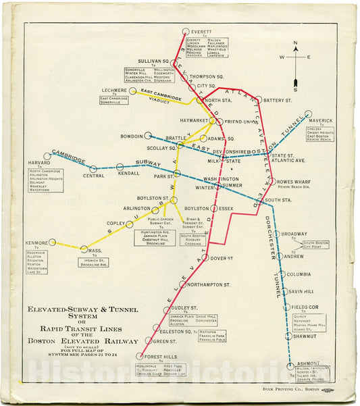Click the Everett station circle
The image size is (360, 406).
click(186, 31)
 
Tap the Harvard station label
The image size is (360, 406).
click(39, 163)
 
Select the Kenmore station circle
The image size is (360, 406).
click(52, 243)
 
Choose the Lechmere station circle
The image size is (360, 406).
click(134, 91)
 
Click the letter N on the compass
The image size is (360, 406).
click(295, 45)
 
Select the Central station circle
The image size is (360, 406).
click(93, 168)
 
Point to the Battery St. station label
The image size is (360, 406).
click(278, 101)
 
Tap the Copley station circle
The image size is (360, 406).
click(128, 223)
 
